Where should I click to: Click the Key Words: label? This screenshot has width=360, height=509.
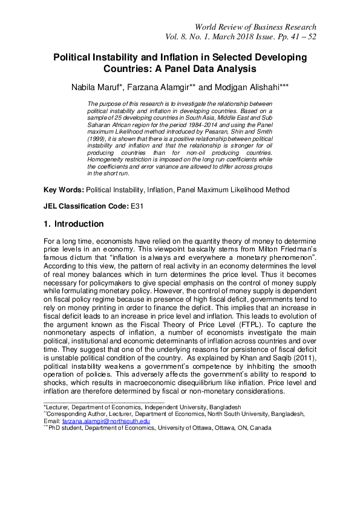pos(64,190)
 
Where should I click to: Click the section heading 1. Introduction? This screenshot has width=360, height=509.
pos(73,224)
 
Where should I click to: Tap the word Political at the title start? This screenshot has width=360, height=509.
pos(75,57)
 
